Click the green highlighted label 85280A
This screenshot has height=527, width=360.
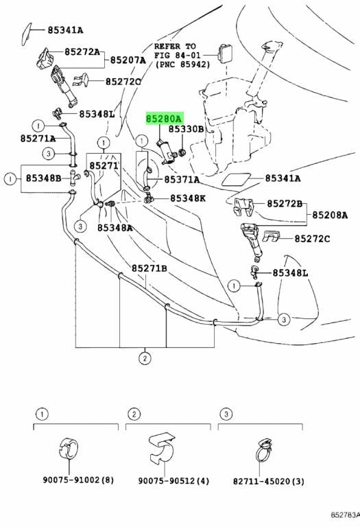point(165,119)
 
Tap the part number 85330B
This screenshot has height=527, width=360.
point(186,129)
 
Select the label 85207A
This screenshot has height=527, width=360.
point(128,60)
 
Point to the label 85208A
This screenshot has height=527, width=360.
point(330,215)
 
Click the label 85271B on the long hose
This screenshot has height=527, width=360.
point(149,268)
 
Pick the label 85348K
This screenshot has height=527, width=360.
point(188,198)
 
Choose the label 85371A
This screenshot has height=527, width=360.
point(182,180)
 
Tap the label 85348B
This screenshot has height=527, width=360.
point(44,178)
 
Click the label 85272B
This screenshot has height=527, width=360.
point(285,203)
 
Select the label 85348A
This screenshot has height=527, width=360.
point(115,228)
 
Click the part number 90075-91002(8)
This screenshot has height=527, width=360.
point(78,480)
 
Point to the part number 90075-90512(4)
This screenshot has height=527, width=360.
point(173,480)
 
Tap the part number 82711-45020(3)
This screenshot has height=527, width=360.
point(269,481)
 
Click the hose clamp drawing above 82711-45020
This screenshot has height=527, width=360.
point(264,452)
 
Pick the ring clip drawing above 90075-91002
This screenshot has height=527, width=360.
point(69,448)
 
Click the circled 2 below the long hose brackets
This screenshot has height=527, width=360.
point(145,358)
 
